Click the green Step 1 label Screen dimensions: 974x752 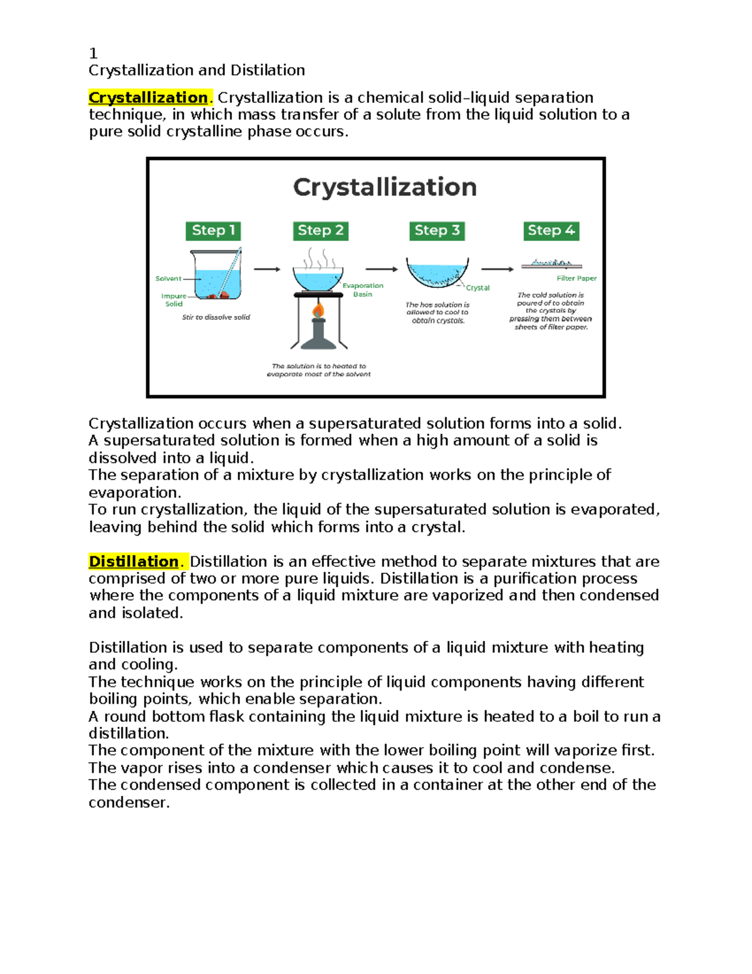click(x=213, y=231)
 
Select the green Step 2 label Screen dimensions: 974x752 click(x=320, y=231)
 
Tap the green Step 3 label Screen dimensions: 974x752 click(x=437, y=231)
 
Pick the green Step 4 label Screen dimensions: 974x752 click(x=551, y=231)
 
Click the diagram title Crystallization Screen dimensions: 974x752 click(x=385, y=188)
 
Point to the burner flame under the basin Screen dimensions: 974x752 click(x=318, y=310)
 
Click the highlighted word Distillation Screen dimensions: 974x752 click(x=133, y=561)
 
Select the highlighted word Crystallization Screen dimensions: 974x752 click(x=148, y=98)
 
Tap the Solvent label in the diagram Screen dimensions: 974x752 click(x=168, y=278)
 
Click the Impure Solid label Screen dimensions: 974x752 click(x=174, y=300)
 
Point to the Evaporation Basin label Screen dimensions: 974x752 click(x=363, y=290)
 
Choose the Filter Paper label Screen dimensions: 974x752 click(x=577, y=278)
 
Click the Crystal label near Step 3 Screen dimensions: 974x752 click(x=478, y=288)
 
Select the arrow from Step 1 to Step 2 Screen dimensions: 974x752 click(x=267, y=269)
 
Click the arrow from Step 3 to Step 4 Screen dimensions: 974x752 click(x=498, y=269)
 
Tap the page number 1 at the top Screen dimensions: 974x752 click(x=93, y=53)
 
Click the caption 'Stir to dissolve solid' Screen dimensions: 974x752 click(x=216, y=317)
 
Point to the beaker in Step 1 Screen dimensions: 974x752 click(x=216, y=276)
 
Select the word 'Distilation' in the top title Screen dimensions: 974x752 click(x=268, y=70)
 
